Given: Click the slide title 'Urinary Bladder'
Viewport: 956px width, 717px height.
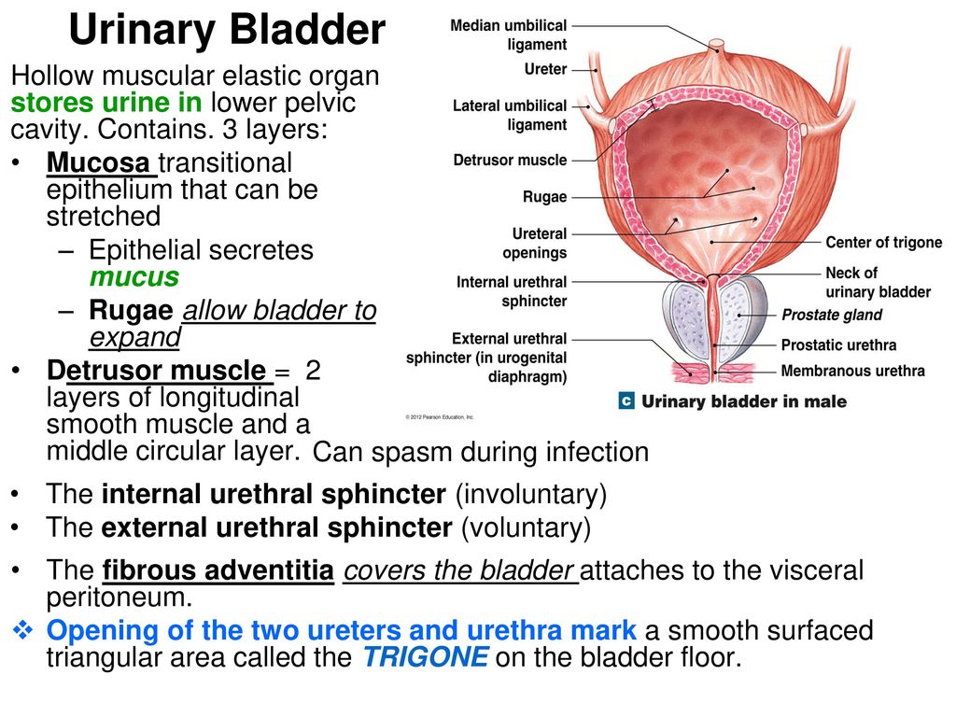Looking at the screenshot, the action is click(x=227, y=29).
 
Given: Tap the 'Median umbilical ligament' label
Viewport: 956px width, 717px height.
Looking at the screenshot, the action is click(x=509, y=35).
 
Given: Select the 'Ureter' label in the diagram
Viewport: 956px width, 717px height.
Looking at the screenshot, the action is click(x=545, y=69).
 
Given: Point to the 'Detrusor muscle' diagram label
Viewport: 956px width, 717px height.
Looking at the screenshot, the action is click(x=510, y=160).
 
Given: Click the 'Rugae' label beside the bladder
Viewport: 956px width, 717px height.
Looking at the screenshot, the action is click(x=544, y=197).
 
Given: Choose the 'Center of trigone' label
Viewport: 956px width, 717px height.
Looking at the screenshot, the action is click(x=883, y=242).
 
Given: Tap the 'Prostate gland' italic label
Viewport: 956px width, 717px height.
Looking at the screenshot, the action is click(x=832, y=315).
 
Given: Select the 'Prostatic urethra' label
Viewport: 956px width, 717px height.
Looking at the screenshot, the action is click(x=838, y=345).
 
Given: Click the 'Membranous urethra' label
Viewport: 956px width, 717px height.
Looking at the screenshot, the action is click(x=852, y=371).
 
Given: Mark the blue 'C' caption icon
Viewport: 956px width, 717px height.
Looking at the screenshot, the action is click(x=626, y=401).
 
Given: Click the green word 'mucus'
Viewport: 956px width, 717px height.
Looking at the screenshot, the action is click(x=134, y=276).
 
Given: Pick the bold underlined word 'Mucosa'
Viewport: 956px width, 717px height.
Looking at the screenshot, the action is click(x=97, y=162).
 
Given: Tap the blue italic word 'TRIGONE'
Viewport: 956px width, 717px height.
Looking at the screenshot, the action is click(x=426, y=657).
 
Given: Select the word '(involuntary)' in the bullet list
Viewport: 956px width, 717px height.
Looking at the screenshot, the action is click(x=531, y=494).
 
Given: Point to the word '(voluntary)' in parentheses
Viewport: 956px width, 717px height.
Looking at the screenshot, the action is click(x=527, y=527).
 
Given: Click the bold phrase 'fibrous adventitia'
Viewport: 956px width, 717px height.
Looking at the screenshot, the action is click(x=218, y=570).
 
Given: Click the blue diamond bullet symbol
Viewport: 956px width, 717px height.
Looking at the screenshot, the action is click(x=23, y=630).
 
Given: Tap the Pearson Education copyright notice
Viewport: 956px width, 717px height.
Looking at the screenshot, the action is click(x=440, y=417).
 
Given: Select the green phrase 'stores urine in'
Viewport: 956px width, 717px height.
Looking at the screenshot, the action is click(x=106, y=103).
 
